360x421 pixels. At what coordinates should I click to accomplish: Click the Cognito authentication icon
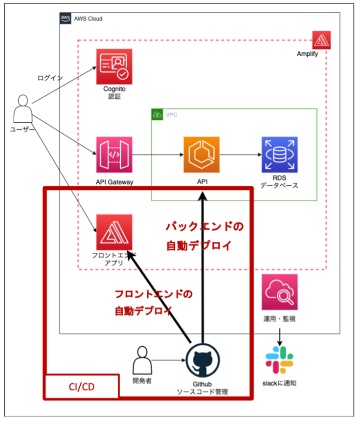tap(113, 66)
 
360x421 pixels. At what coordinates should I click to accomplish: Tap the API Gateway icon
tap(114, 155)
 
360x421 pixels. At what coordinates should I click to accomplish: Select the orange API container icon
tap(202, 155)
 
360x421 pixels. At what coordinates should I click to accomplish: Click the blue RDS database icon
tap(279, 155)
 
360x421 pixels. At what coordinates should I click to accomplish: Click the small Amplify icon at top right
tap(321, 40)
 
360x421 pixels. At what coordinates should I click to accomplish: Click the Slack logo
tap(279, 360)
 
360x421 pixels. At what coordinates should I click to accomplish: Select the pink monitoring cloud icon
tap(279, 292)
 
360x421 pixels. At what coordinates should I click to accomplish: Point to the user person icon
tap(22, 109)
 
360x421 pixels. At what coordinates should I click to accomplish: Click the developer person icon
tap(142, 360)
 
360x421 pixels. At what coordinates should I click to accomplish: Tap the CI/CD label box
tap(81, 387)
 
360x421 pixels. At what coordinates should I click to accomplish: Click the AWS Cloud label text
tap(89, 19)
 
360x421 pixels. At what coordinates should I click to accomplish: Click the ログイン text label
tap(50, 78)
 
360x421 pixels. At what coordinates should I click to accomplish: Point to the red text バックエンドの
tap(204, 227)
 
